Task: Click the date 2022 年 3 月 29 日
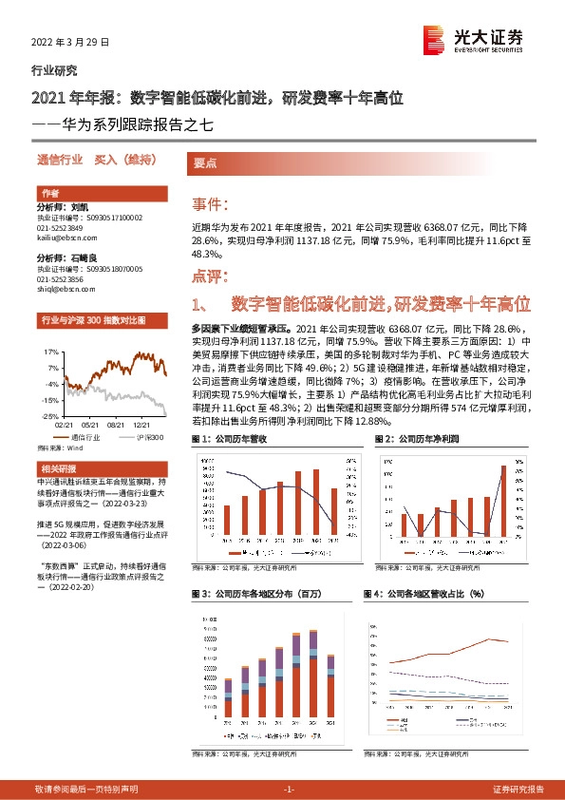click(x=71, y=43)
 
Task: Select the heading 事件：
click(x=210, y=204)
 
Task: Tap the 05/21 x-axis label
click(x=90, y=426)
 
